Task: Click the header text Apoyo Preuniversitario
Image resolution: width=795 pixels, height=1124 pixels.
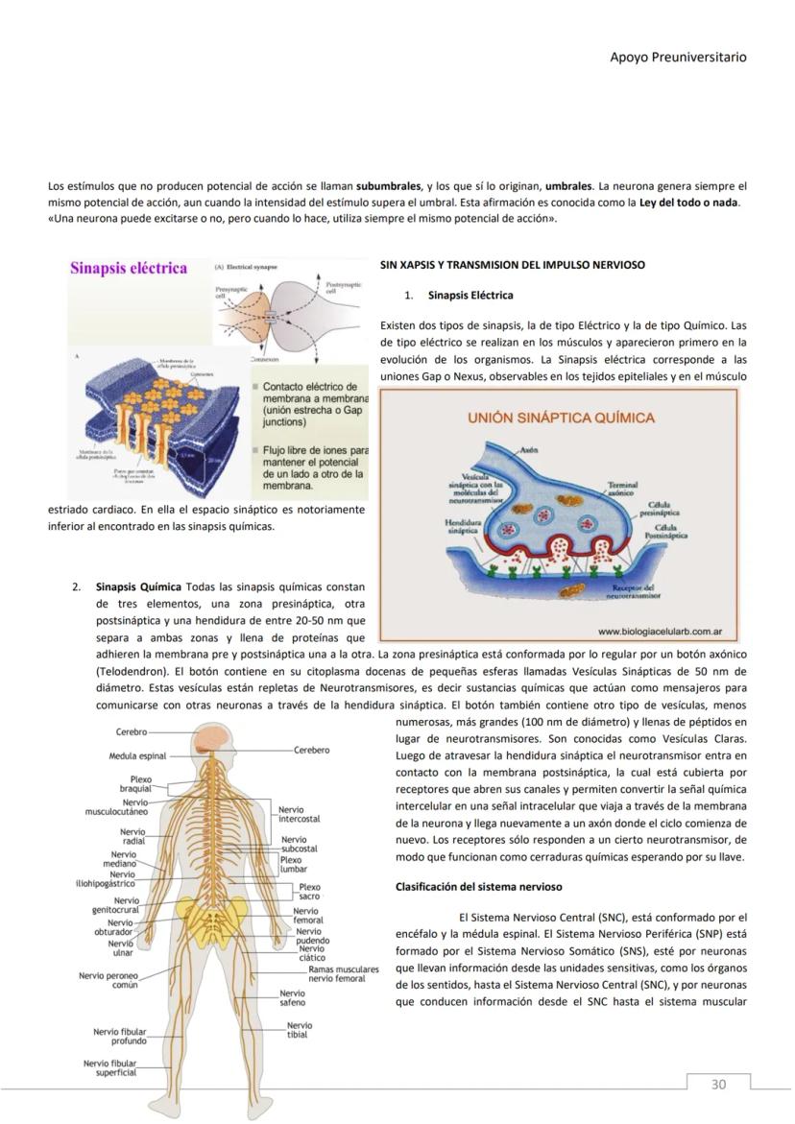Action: point(678,57)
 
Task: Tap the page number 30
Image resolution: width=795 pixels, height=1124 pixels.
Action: point(718,1084)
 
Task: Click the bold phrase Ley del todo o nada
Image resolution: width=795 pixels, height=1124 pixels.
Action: point(689,202)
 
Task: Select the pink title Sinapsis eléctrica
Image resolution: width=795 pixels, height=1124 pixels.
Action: point(129,268)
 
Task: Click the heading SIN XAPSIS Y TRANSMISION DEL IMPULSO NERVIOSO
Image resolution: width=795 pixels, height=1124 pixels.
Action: point(512,264)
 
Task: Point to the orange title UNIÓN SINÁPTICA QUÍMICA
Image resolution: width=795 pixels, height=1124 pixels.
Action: point(561,418)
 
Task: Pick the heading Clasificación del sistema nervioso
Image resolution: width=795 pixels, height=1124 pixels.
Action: point(478,886)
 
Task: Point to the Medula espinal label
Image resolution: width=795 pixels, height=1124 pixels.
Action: point(137,756)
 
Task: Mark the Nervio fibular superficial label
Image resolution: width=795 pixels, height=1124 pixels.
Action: point(109,1067)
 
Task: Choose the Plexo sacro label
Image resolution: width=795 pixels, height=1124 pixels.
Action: point(310,892)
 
